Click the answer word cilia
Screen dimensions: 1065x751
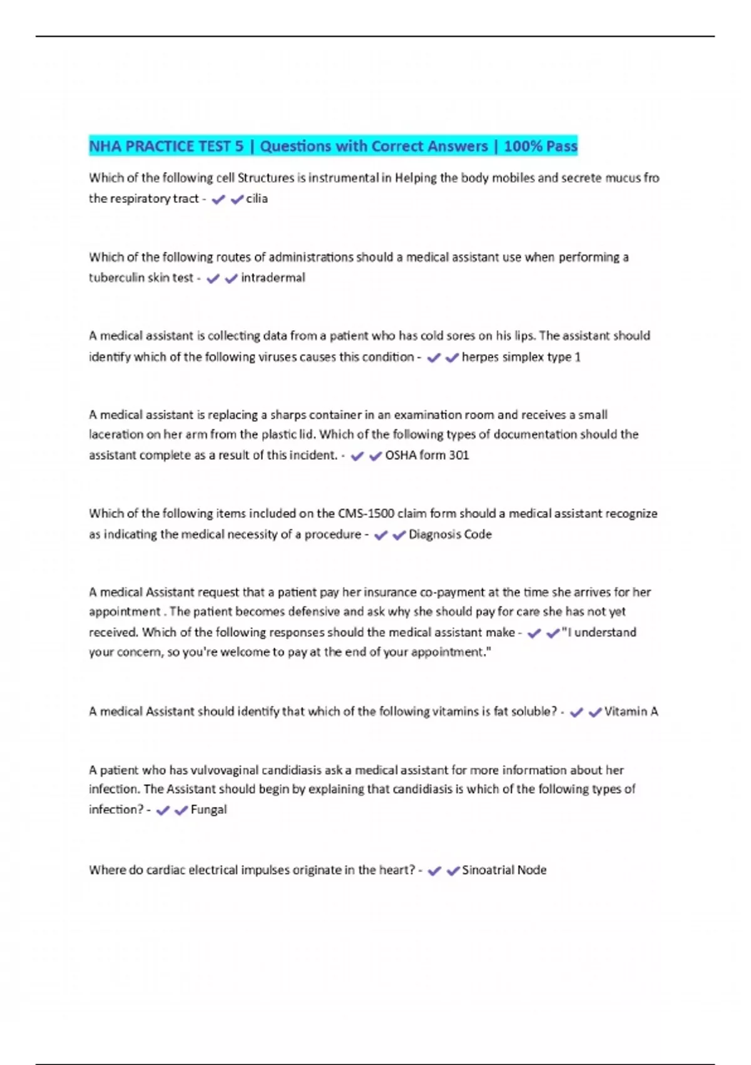click(x=257, y=199)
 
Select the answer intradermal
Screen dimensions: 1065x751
click(x=273, y=278)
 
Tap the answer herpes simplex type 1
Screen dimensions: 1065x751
click(x=521, y=357)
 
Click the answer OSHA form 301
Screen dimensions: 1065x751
click(x=427, y=455)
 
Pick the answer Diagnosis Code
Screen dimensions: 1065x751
click(x=450, y=534)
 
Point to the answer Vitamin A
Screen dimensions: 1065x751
click(x=631, y=712)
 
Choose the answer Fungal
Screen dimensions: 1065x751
click(x=208, y=809)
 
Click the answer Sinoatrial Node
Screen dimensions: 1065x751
click(x=504, y=870)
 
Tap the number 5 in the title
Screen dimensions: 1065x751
click(x=239, y=147)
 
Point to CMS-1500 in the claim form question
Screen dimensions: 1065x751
click(x=366, y=514)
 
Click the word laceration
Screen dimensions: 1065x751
click(x=116, y=434)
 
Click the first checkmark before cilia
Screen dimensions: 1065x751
click(x=218, y=200)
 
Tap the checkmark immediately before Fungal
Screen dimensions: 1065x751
click(x=181, y=811)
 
